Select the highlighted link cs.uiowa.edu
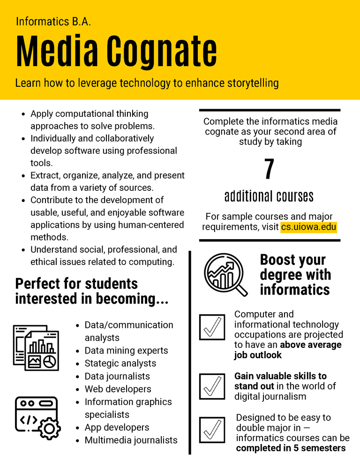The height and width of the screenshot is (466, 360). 308,227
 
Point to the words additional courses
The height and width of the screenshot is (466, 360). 269,195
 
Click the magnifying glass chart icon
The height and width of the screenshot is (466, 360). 225,274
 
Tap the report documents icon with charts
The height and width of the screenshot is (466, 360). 36,347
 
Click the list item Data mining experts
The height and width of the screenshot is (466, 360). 126,351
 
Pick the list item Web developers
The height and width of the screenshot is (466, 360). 118,389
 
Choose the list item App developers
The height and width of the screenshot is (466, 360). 117,428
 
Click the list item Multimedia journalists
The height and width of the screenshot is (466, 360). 131,440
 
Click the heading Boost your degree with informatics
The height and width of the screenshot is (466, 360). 295,275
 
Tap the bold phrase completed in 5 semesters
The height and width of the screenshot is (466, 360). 291,448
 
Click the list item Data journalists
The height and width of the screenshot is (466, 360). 117,376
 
